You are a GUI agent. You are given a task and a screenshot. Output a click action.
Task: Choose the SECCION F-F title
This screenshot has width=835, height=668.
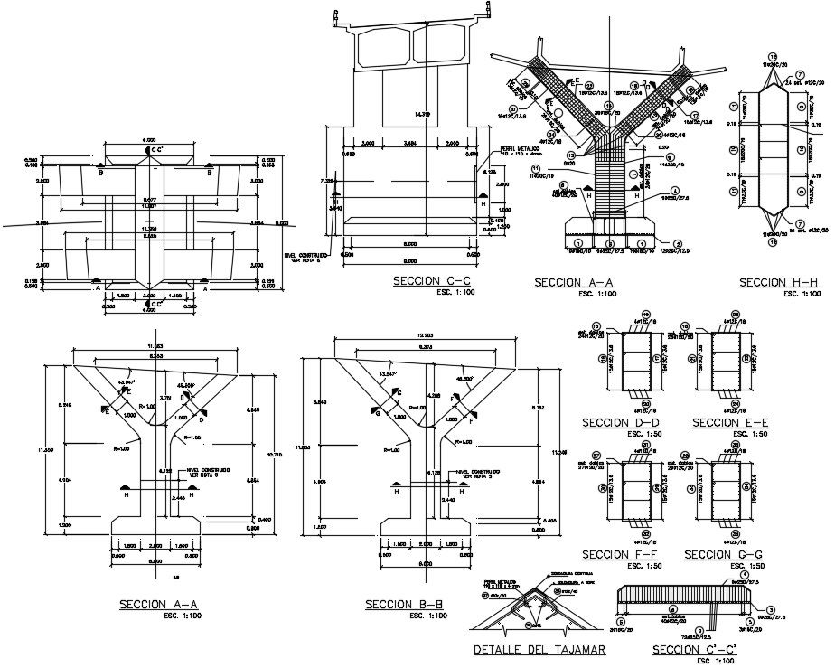621,555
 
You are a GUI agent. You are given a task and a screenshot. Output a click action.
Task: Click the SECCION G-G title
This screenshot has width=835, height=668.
724,555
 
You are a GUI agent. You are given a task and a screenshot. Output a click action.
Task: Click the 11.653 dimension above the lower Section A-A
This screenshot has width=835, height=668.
155,346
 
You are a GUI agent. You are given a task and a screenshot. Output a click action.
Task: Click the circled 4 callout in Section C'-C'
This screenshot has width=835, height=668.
744,575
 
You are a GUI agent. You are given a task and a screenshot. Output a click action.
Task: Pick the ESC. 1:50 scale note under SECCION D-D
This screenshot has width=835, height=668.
622,435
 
